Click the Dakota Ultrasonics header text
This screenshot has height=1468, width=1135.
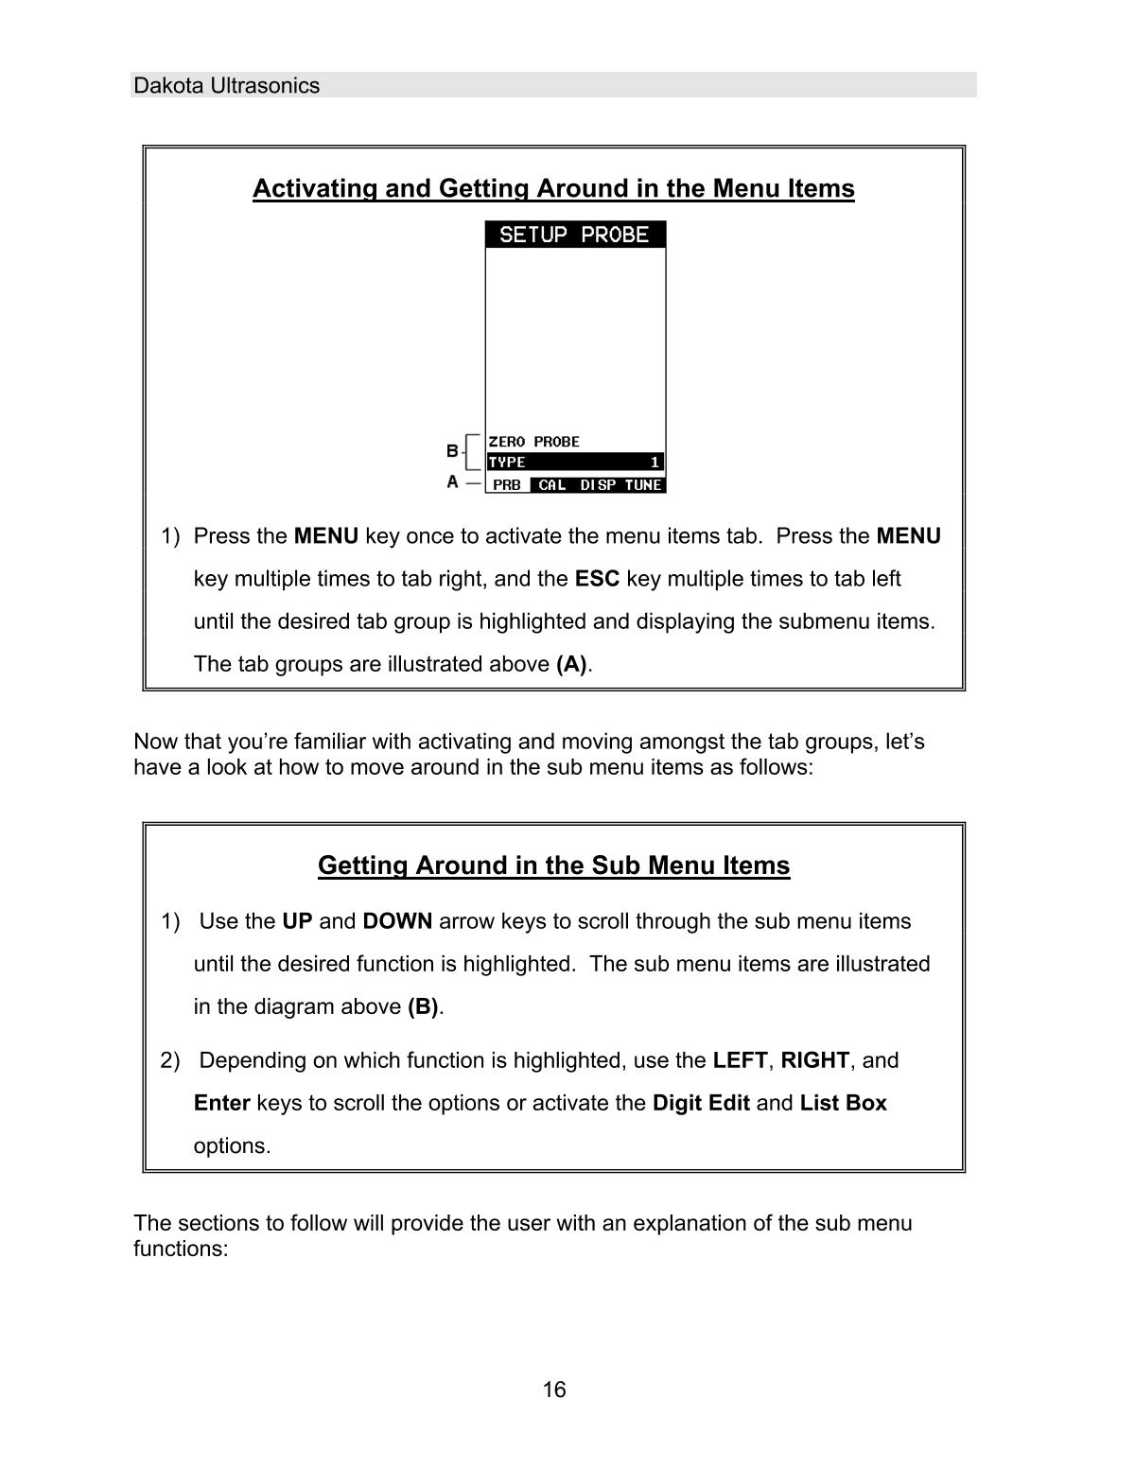(x=226, y=85)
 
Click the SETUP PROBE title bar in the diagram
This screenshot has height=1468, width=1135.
(x=574, y=235)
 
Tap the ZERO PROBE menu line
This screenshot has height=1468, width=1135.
(x=533, y=442)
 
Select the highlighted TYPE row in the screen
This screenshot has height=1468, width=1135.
(x=574, y=463)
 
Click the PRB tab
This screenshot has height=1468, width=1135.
(x=507, y=485)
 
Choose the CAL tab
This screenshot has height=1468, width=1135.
(x=551, y=485)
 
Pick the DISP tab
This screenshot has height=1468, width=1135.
(x=598, y=485)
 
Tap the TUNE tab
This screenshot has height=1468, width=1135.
(x=643, y=485)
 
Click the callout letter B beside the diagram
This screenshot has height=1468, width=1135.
(x=452, y=450)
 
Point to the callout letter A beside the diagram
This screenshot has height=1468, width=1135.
(x=452, y=482)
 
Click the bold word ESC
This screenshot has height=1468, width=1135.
(x=597, y=578)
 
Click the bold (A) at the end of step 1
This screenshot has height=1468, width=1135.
(x=571, y=664)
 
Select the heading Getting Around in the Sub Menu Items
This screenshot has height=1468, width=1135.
(x=553, y=865)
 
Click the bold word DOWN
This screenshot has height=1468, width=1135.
(x=397, y=921)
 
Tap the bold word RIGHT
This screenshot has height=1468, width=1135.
(x=814, y=1060)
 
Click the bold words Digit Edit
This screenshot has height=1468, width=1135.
(x=701, y=1103)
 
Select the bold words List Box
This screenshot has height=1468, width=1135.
(x=843, y=1103)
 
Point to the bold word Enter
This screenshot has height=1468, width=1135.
(x=221, y=1103)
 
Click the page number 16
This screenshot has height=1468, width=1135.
(x=554, y=1389)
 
